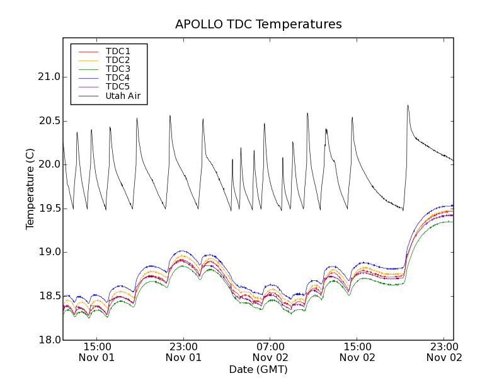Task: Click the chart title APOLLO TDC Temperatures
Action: [258, 25]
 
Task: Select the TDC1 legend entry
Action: [118, 51]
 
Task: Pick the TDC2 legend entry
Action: [118, 60]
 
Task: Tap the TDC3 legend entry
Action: [118, 69]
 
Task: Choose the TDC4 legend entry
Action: [118, 78]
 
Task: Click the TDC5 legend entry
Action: [118, 87]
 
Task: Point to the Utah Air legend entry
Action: [123, 96]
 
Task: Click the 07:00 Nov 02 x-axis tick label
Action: [271, 352]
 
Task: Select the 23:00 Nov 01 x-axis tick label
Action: [184, 352]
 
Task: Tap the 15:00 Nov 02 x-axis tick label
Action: [357, 352]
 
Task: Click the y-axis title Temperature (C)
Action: [30, 189]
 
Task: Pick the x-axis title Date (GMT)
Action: [258, 369]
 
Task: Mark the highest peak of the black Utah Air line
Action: [408, 105]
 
